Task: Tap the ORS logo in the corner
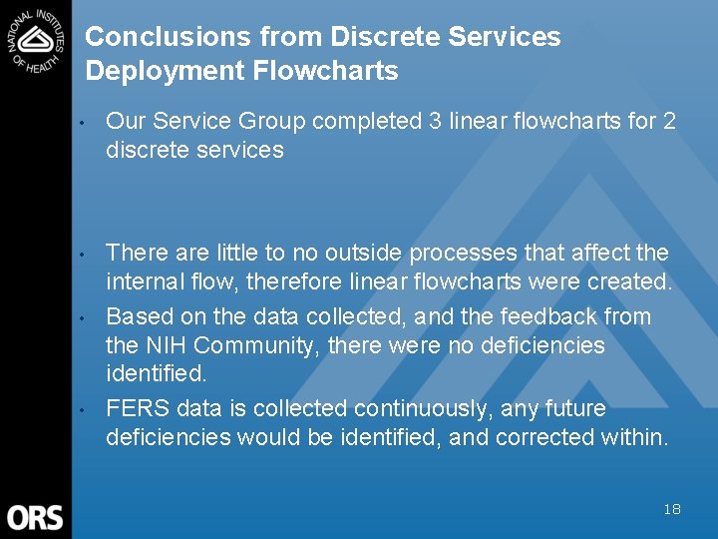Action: (35, 517)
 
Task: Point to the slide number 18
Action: (672, 509)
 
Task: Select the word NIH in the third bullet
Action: (166, 345)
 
